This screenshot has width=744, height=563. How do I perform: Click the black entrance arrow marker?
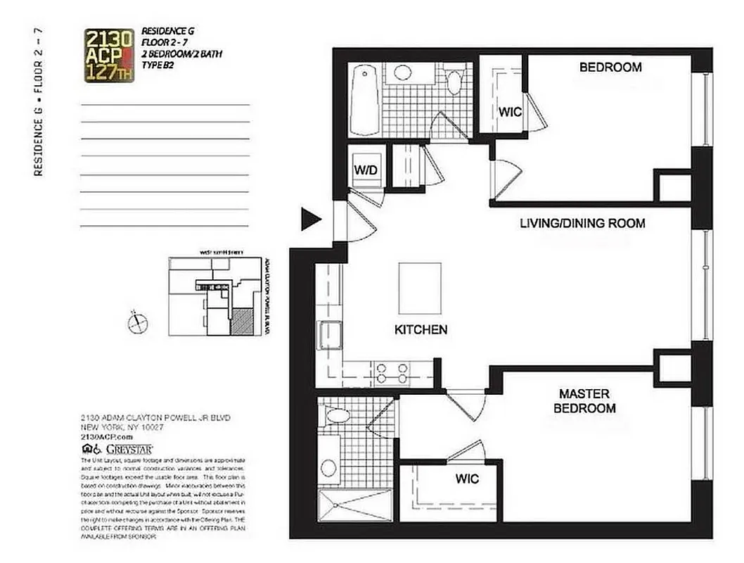pyautogui.click(x=310, y=220)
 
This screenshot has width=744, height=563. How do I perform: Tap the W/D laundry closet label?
pyautogui.click(x=365, y=170)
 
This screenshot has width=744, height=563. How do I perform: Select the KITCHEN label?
pyautogui.click(x=421, y=329)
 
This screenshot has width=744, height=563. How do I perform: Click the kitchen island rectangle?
pyautogui.click(x=420, y=288)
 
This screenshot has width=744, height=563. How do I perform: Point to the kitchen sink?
pyautogui.click(x=329, y=334)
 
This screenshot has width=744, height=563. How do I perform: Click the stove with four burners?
pyautogui.click(x=392, y=372)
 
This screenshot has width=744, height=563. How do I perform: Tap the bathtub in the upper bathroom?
pyautogui.click(x=364, y=99)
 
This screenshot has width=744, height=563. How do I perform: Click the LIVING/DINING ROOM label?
pyautogui.click(x=582, y=224)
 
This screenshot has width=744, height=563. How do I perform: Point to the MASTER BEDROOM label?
pyautogui.click(x=584, y=401)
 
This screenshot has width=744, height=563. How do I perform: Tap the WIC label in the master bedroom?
pyautogui.click(x=466, y=479)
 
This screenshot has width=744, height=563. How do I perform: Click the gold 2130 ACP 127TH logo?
pyautogui.click(x=109, y=56)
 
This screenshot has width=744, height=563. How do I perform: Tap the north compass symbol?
pyautogui.click(x=138, y=323)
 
